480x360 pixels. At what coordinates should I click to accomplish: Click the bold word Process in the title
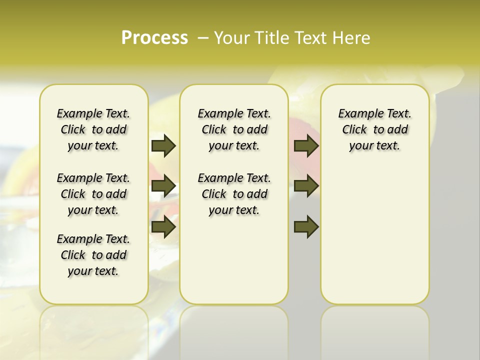(x=154, y=38)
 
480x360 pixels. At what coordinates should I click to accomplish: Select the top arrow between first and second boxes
(x=163, y=146)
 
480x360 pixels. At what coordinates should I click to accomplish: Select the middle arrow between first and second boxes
(x=163, y=186)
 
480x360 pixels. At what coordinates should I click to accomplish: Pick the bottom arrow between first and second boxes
(x=163, y=227)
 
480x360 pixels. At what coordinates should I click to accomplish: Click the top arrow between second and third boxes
(x=306, y=146)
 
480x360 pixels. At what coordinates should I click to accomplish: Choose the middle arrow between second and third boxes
(x=306, y=186)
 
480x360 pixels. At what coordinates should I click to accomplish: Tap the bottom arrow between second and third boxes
(x=306, y=227)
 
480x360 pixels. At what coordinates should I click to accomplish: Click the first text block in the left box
(x=93, y=129)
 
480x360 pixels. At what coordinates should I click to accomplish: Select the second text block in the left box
(x=93, y=194)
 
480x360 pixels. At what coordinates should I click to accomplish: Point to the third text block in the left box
(x=93, y=255)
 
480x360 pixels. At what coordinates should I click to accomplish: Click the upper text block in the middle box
(x=234, y=129)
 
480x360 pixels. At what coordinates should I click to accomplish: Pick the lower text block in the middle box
(x=234, y=194)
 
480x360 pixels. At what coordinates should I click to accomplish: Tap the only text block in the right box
(x=374, y=129)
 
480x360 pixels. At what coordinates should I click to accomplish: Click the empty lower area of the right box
(x=374, y=235)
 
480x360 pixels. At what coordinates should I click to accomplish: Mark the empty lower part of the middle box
(x=234, y=260)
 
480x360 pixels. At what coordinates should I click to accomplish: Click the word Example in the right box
(x=356, y=113)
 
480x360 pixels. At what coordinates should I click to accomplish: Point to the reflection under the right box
(x=374, y=325)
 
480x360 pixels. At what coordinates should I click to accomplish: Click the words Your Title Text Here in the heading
(x=292, y=38)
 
